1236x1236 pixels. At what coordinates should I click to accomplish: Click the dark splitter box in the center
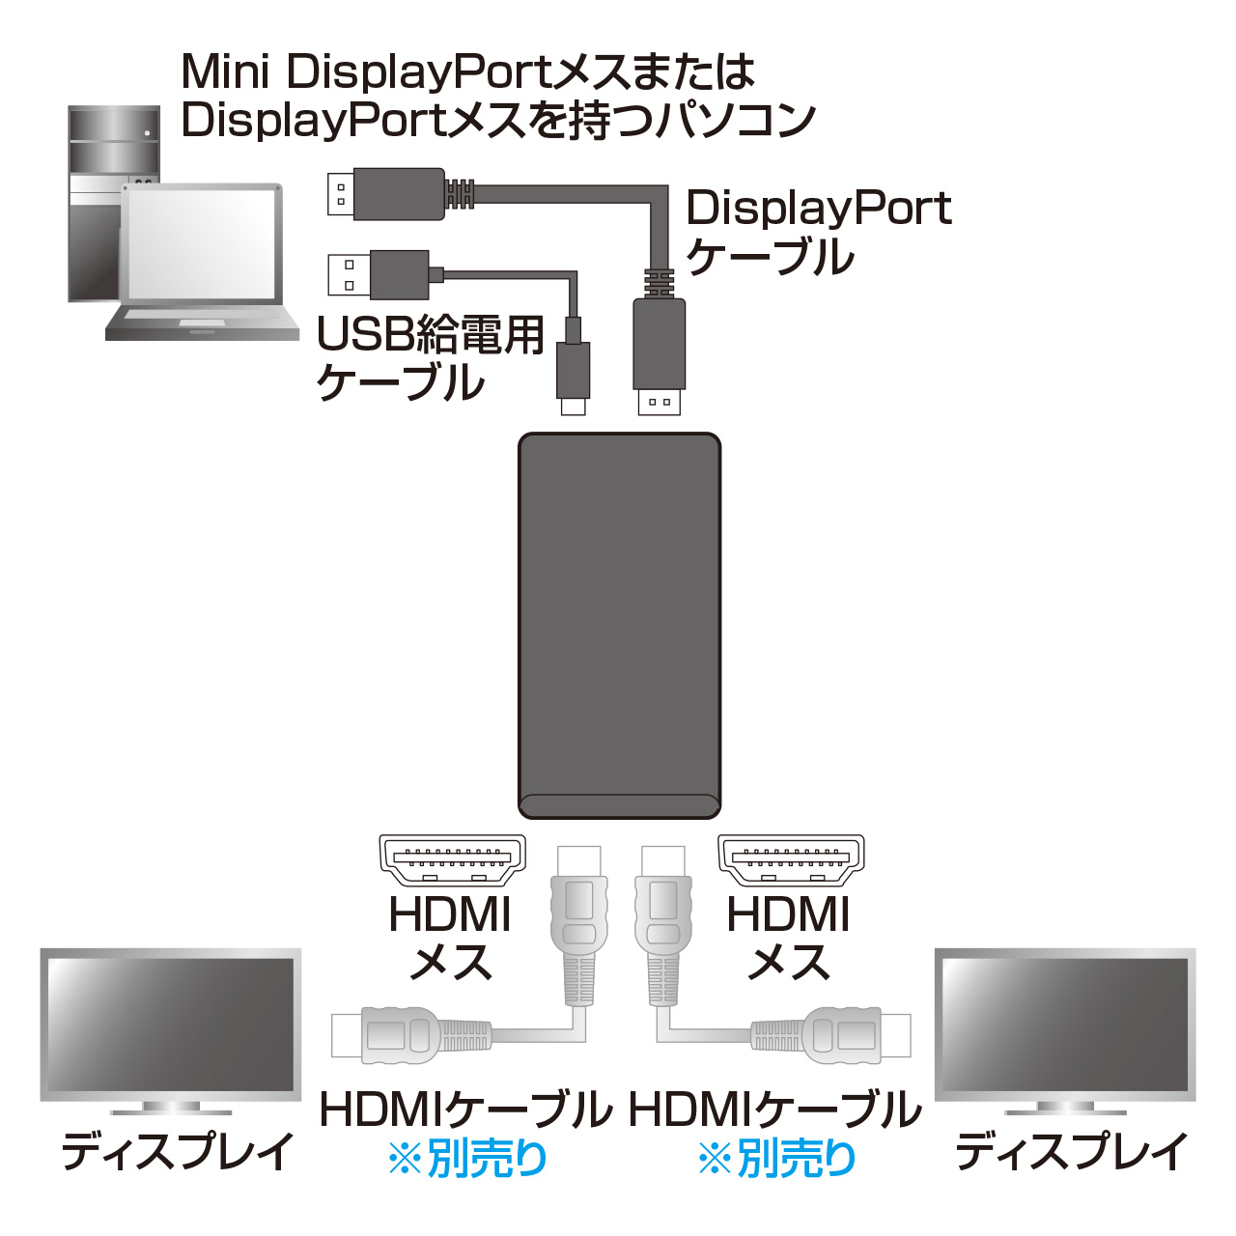click(619, 626)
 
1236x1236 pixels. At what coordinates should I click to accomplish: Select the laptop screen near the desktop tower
click(202, 244)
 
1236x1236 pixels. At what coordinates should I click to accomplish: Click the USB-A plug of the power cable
click(379, 275)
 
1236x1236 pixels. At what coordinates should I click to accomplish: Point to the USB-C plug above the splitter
click(573, 379)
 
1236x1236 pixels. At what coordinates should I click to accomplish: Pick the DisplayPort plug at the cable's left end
click(386, 194)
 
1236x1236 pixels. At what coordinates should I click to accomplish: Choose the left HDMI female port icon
click(452, 860)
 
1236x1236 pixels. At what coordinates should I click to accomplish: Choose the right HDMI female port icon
click(791, 860)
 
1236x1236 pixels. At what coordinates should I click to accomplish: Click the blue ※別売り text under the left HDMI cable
click(468, 1158)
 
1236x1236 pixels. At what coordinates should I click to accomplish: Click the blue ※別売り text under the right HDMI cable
click(777, 1158)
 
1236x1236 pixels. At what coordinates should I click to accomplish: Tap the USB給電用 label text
click(431, 335)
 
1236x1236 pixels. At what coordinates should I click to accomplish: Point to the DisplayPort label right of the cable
click(819, 209)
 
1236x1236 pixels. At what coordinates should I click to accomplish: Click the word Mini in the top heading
click(225, 71)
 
